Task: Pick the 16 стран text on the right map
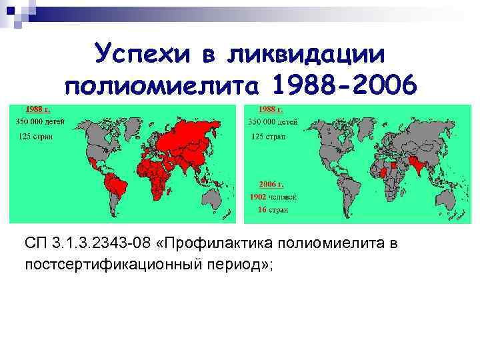tap(268, 209)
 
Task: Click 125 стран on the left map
tap(33, 136)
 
